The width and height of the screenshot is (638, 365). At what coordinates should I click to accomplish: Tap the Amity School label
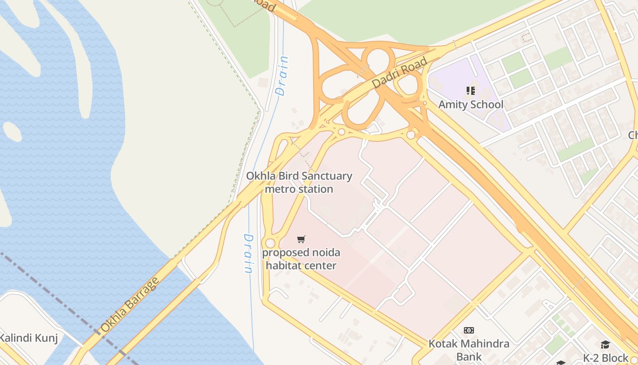click(471, 104)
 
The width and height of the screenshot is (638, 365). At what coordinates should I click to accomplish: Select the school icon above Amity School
click(471, 90)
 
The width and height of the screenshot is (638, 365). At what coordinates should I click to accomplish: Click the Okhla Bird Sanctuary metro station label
click(299, 182)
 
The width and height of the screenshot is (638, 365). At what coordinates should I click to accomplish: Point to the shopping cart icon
click(301, 239)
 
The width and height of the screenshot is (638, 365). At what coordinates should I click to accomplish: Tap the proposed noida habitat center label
click(301, 259)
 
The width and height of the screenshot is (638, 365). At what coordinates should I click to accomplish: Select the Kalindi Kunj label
click(28, 338)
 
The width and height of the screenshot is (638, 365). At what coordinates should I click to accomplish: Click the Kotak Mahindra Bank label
click(469, 349)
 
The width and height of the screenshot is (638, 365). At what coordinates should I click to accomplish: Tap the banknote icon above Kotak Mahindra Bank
click(469, 330)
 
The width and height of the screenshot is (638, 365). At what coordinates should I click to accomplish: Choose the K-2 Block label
click(606, 358)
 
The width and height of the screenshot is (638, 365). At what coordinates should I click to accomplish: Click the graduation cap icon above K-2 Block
click(605, 344)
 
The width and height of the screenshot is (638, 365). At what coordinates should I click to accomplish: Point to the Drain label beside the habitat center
click(248, 254)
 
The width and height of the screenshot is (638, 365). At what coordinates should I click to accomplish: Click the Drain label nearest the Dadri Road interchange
click(283, 76)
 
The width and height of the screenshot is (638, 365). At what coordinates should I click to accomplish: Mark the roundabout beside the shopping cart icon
click(270, 243)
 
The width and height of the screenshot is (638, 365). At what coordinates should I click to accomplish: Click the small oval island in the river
click(12, 131)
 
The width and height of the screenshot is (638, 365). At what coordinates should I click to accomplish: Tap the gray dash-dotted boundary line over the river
click(59, 297)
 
